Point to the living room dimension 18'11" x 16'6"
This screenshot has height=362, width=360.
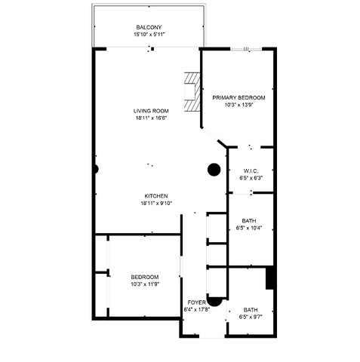(150, 118)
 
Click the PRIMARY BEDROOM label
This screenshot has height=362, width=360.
(238, 98)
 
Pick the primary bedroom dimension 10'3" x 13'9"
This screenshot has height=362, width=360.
(238, 106)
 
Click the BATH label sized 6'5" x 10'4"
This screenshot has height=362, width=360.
(248, 220)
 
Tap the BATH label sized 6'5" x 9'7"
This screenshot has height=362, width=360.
(251, 309)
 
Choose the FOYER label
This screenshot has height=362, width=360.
(196, 302)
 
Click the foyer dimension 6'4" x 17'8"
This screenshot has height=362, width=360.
(196, 309)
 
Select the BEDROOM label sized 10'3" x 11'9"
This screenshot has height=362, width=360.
(144, 277)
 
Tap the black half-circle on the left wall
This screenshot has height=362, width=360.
(95, 169)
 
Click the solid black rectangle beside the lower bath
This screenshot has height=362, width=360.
(269, 278)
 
